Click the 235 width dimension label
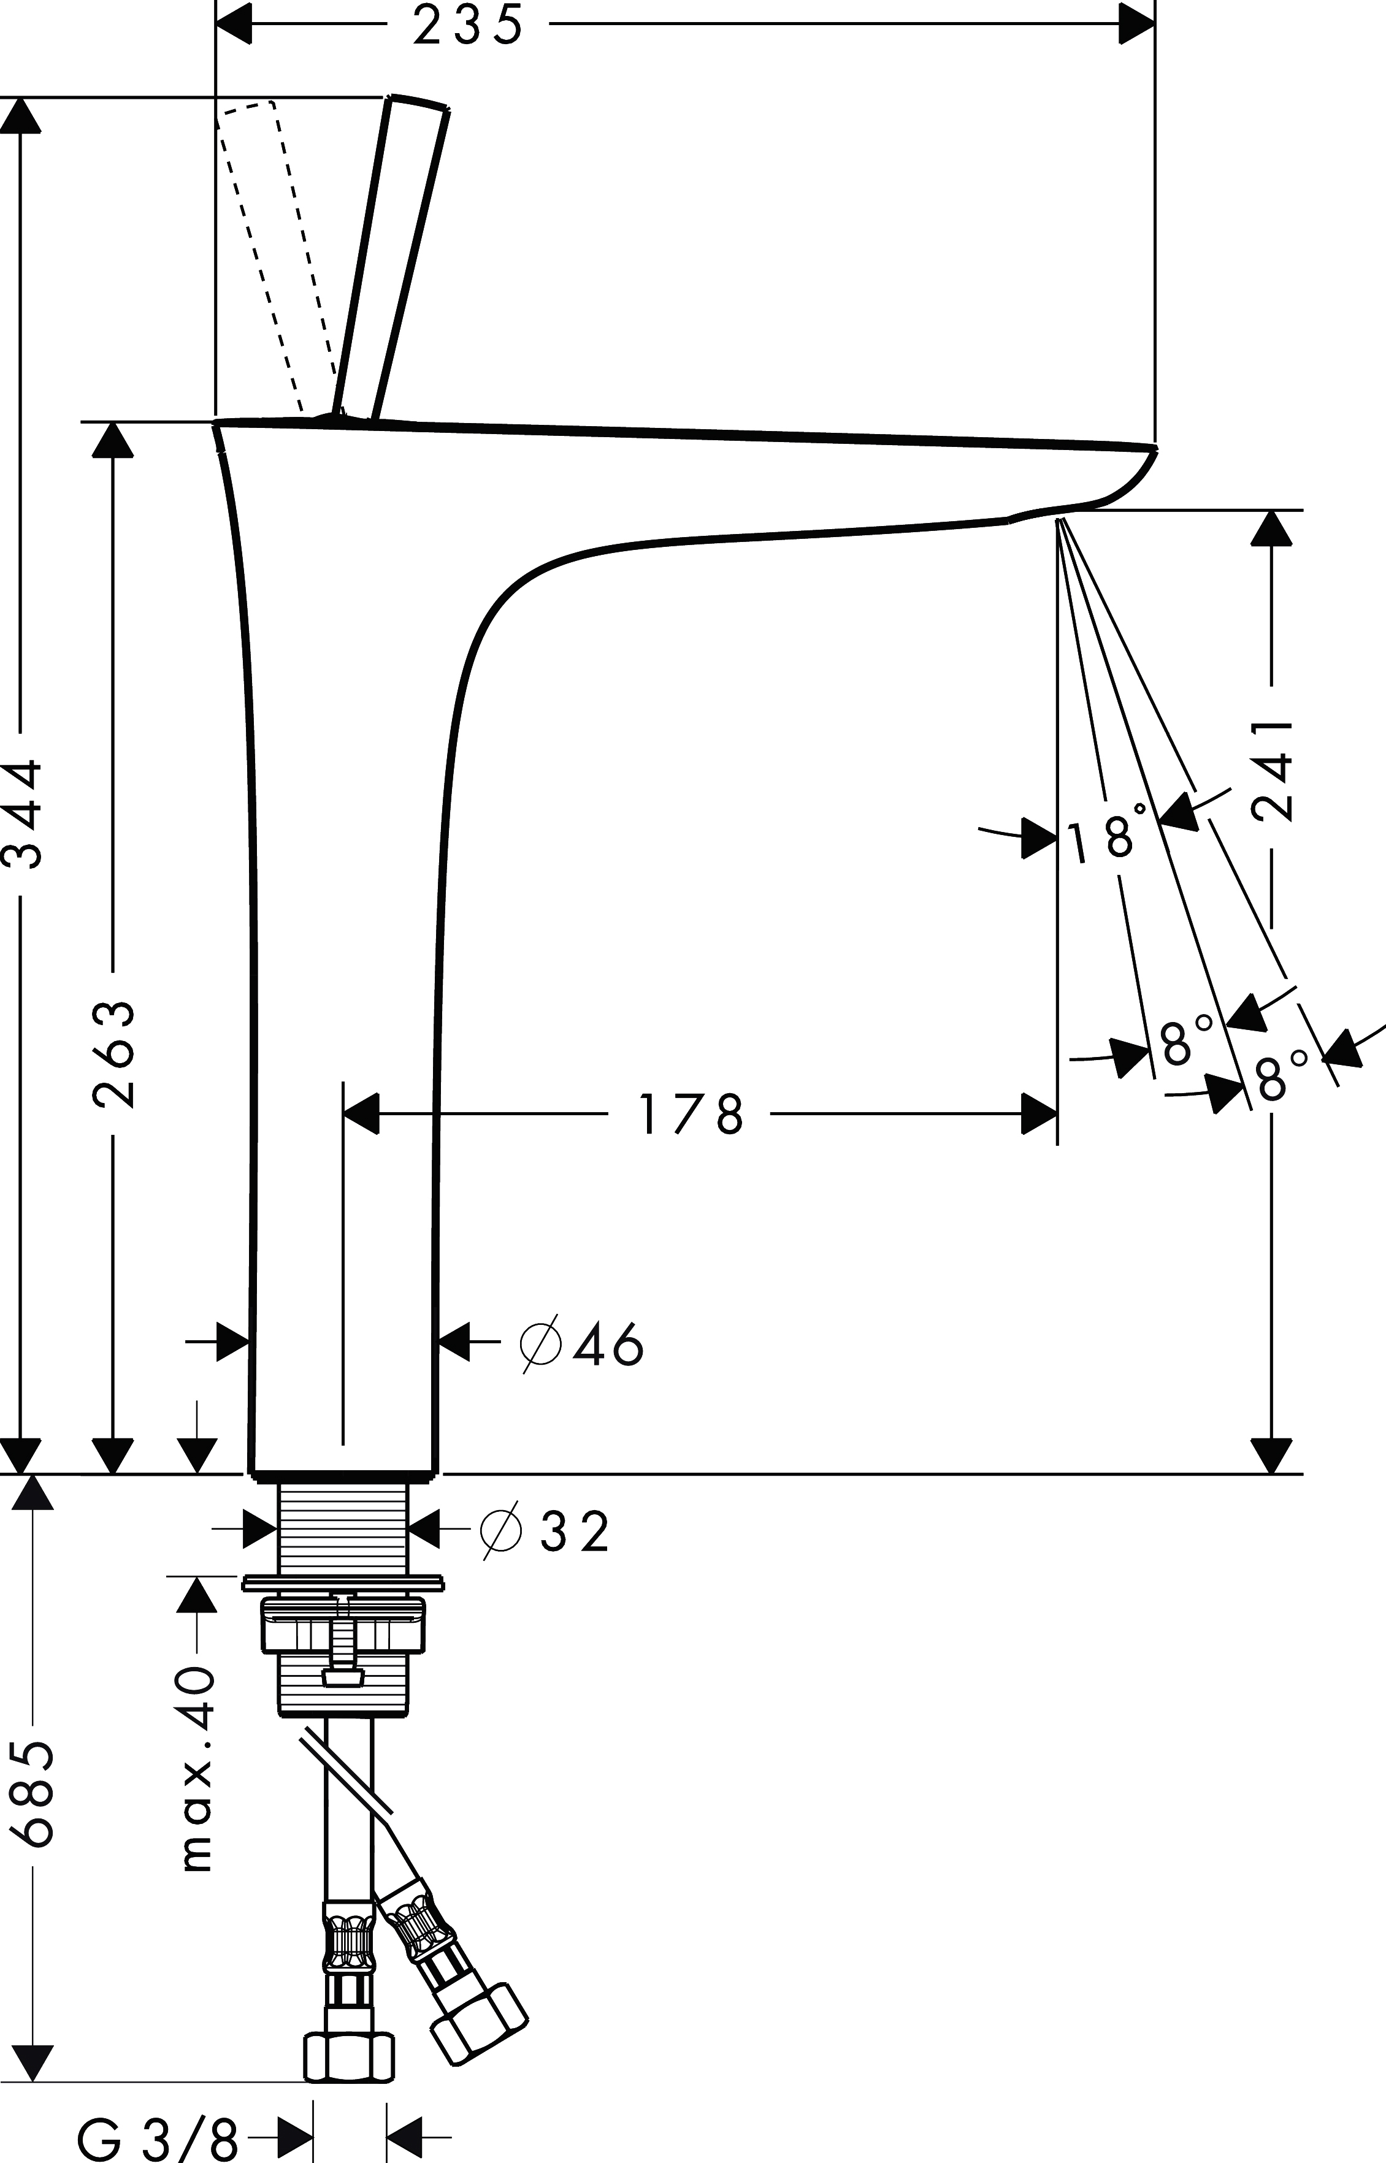[x=468, y=25]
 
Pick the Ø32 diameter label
[x=545, y=1532]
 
